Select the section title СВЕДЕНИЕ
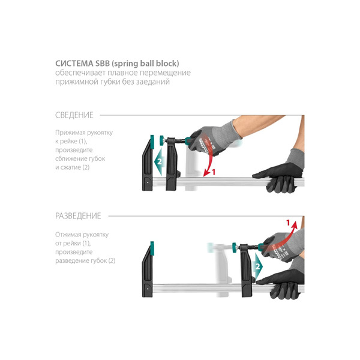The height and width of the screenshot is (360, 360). click(x=74, y=115)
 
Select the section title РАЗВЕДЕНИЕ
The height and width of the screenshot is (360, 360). click(x=78, y=216)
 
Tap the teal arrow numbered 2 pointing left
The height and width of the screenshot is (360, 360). click(x=159, y=161)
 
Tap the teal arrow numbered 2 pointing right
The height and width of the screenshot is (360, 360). click(x=258, y=266)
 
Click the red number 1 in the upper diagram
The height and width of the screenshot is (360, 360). click(x=214, y=172)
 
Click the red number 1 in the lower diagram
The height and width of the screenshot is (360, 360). click(x=288, y=222)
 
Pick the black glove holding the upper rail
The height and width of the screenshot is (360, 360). click(x=278, y=178)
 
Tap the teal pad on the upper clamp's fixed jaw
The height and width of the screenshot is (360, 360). click(x=152, y=142)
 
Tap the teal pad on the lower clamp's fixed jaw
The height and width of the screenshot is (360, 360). click(x=152, y=248)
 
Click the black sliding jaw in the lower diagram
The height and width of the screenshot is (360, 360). click(x=247, y=271)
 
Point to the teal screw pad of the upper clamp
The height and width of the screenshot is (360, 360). click(x=161, y=140)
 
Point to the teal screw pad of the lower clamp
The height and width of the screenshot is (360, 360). click(x=235, y=247)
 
